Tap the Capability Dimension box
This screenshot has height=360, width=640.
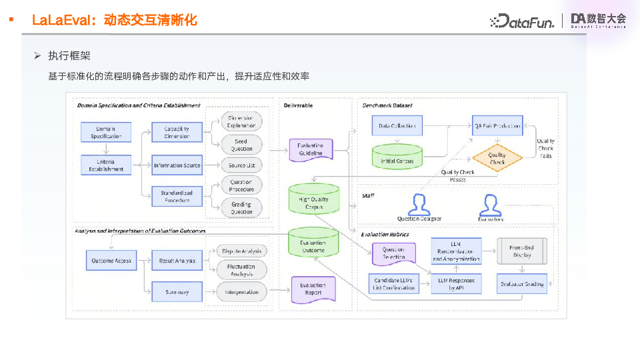[x=177, y=131]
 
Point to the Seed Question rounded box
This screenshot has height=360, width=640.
[x=241, y=144]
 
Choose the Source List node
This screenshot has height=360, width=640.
[x=241, y=165]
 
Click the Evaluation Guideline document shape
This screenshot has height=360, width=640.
[x=310, y=150]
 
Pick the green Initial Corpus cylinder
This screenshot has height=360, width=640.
[x=397, y=157]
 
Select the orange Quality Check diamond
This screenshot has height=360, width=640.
[x=497, y=159]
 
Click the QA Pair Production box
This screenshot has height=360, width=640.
[x=497, y=125]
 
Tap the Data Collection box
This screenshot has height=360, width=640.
[x=397, y=125]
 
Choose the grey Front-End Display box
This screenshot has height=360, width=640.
[x=522, y=251]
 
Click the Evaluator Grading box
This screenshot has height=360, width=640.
[x=522, y=283]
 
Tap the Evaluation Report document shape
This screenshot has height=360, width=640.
[x=313, y=289]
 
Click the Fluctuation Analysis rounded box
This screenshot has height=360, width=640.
[x=241, y=270]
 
